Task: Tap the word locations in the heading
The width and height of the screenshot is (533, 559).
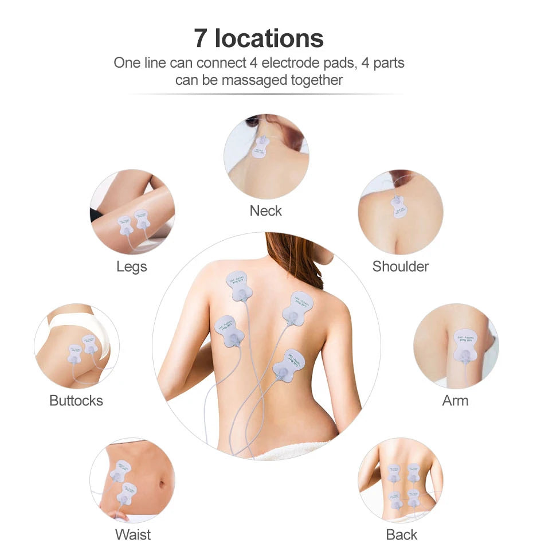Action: click(x=269, y=38)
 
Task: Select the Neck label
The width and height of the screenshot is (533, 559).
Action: click(x=265, y=211)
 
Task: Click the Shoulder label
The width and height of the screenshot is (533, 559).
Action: click(x=400, y=267)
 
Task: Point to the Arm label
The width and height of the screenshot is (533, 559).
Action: click(x=455, y=401)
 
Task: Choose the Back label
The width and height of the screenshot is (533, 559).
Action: click(x=401, y=535)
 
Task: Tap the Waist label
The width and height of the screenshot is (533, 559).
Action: click(x=132, y=535)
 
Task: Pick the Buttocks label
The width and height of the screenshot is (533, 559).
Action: click(x=76, y=401)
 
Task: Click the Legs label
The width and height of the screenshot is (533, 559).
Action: click(x=131, y=267)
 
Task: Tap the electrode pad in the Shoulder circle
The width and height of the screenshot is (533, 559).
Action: click(x=396, y=206)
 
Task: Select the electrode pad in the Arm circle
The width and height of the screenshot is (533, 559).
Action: click(x=463, y=345)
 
